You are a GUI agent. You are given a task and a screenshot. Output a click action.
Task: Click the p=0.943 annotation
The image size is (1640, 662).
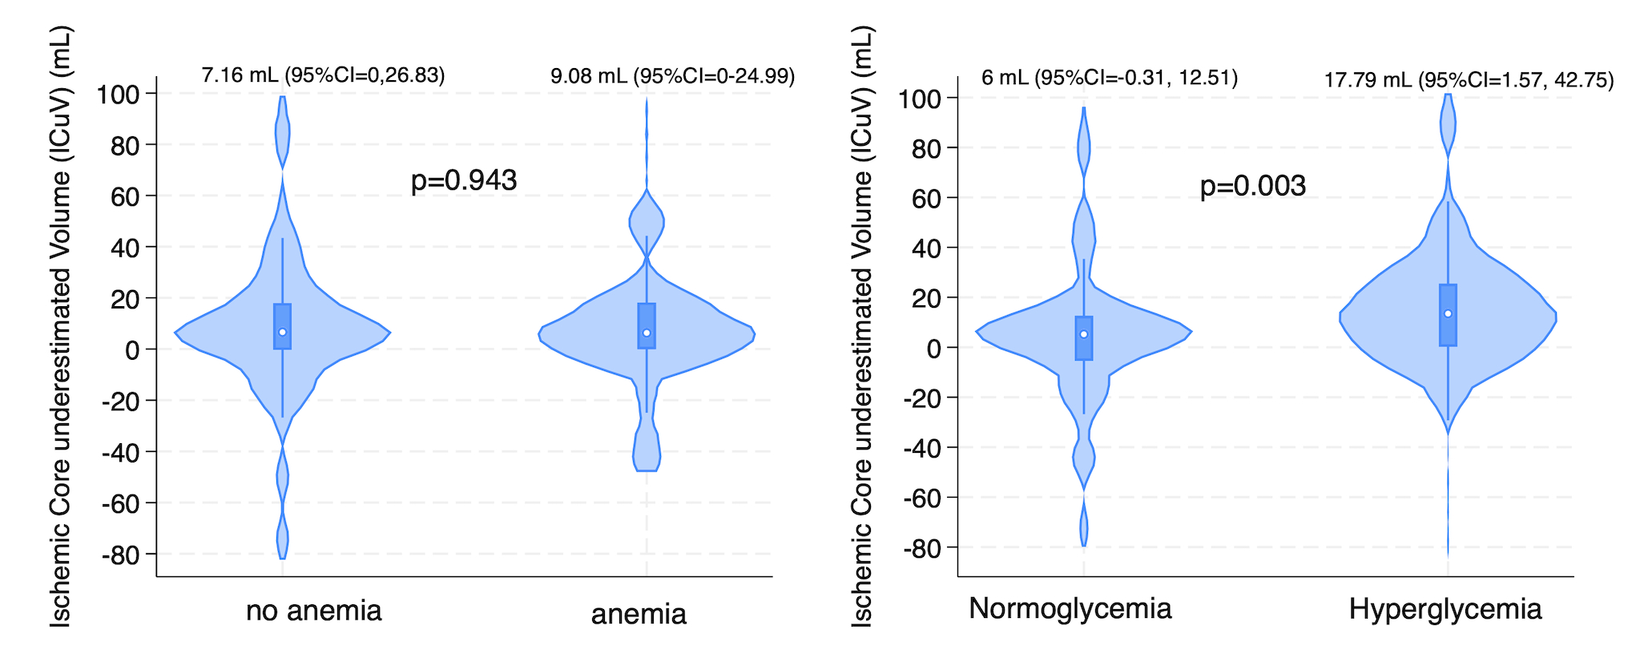coord(464,180)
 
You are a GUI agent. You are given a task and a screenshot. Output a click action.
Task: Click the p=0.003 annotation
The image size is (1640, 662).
coord(1252,186)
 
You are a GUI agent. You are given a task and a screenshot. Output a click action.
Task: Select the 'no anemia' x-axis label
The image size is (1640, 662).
coord(313,611)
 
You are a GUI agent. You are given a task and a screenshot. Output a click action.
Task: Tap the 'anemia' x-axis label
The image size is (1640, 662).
coord(639,614)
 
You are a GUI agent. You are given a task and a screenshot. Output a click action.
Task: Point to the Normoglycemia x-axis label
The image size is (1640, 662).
coord(1070,608)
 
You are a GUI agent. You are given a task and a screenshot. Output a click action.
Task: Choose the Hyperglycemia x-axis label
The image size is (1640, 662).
coord(1445,609)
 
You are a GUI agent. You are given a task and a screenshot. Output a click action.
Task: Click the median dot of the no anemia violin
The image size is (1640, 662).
coord(282,332)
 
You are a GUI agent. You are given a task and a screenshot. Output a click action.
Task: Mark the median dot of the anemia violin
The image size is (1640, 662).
coord(647,333)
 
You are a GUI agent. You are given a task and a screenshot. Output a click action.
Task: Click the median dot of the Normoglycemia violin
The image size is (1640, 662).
coord(1084,334)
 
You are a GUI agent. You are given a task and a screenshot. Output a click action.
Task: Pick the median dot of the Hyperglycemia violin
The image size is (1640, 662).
coord(1448,313)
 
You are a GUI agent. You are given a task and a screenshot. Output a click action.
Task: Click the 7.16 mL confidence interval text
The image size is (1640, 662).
coord(323,75)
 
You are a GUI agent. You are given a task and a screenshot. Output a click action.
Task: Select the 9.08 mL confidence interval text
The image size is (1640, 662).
coord(672,76)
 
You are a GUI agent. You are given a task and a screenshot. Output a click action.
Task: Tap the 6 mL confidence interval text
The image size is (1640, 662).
coord(1110,78)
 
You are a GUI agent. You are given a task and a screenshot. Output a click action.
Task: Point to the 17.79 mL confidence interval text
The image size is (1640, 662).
coord(1469,80)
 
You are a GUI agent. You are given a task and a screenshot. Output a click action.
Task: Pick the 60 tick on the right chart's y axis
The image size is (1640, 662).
coord(926,198)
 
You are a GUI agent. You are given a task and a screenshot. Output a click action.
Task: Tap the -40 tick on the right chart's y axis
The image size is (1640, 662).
coord(922,447)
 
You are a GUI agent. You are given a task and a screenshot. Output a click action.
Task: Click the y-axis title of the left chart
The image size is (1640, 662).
coord(60,326)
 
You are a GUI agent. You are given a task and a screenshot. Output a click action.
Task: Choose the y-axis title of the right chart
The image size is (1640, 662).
coord(861,326)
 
